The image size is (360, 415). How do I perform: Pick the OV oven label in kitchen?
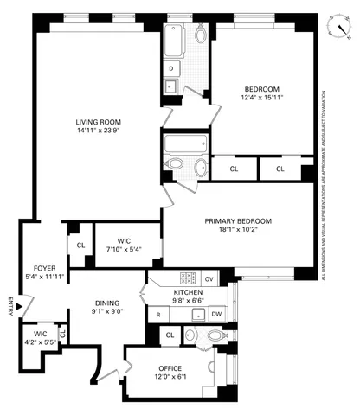(209, 278)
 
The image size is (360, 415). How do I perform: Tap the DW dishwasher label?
(216, 315)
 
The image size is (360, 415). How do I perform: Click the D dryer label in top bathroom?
(171, 67)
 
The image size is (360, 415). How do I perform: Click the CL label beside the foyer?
(80, 246)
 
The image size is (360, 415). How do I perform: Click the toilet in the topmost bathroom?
(201, 35)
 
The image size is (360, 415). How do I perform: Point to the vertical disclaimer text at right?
(324, 186)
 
